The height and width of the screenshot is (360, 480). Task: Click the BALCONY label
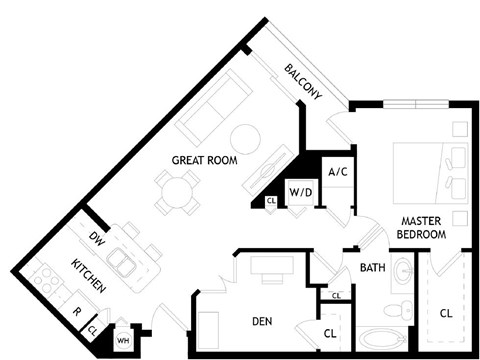pos(303,82)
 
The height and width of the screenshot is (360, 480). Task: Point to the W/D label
pos(300,190)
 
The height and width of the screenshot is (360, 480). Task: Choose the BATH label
pos(373,267)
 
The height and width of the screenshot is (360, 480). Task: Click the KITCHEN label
pos(90,275)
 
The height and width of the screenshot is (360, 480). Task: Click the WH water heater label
pos(123,341)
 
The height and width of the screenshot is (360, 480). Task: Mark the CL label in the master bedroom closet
pos(445,313)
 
